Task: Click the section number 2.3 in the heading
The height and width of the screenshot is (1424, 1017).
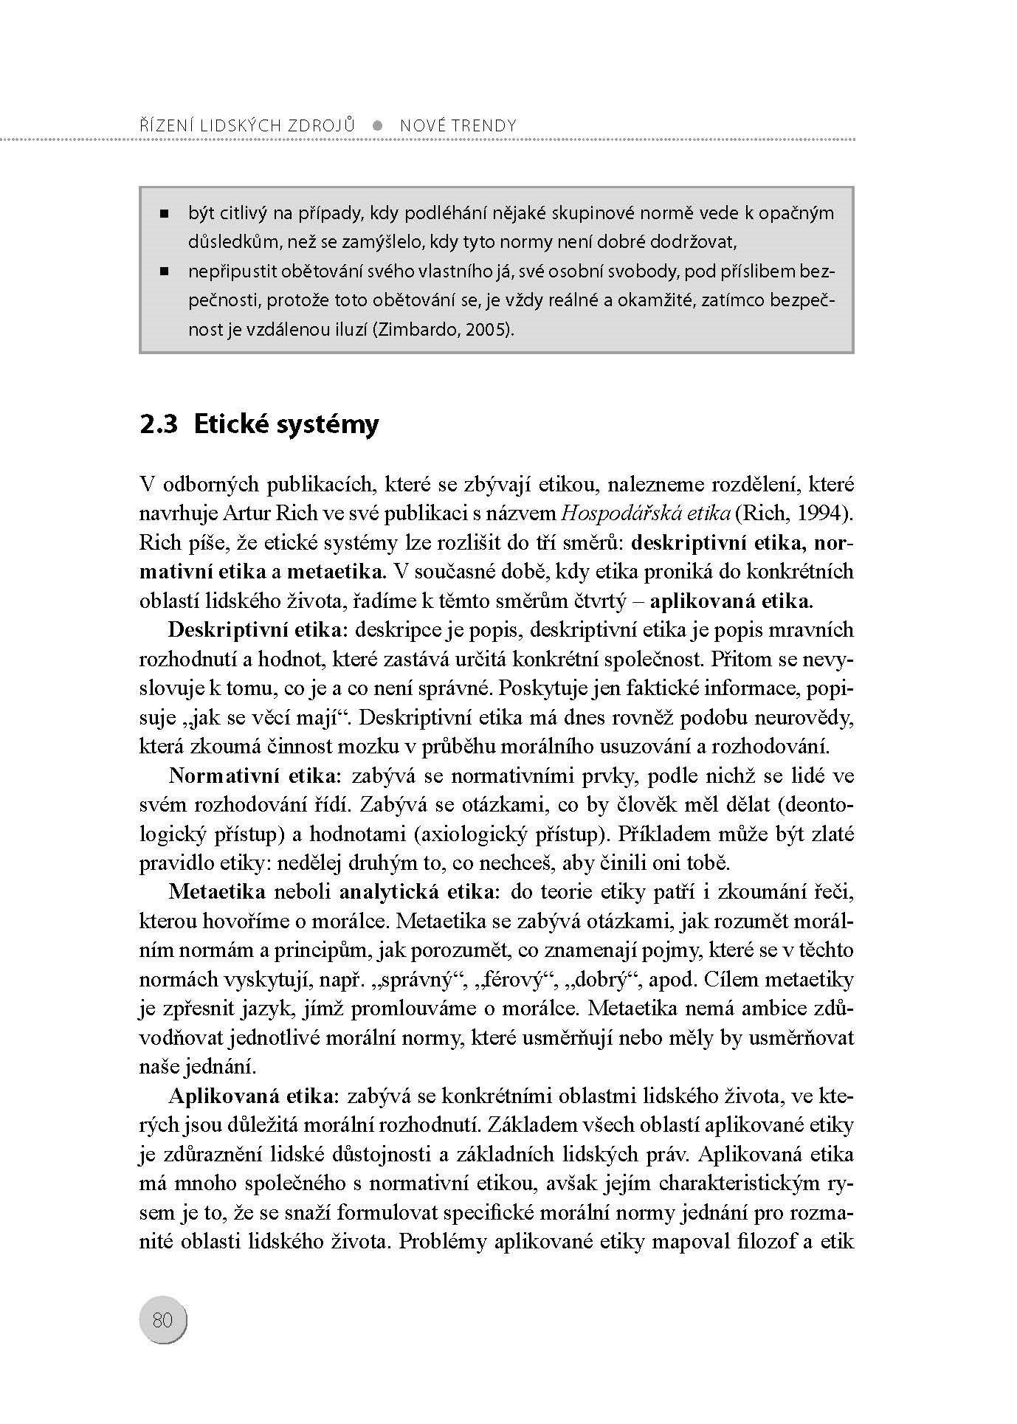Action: click(x=159, y=424)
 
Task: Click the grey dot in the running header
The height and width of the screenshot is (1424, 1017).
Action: click(x=378, y=125)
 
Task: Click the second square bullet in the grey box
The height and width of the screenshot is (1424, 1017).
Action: click(x=164, y=272)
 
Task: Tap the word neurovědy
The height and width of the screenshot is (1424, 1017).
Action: click(x=812, y=717)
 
